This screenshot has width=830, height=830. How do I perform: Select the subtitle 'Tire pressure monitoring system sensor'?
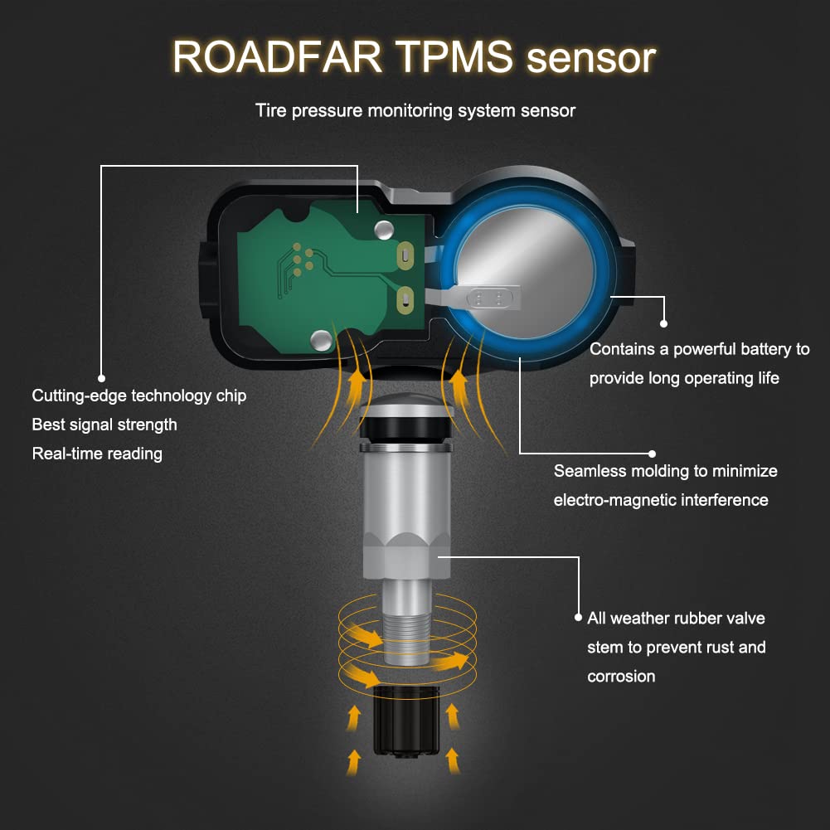tap(415, 110)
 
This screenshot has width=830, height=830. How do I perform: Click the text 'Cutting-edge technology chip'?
tap(138, 396)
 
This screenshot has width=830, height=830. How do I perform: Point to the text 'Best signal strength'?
tap(104, 425)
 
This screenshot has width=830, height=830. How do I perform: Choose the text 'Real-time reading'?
tap(97, 454)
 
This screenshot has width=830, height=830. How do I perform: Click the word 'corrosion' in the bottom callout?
tap(621, 677)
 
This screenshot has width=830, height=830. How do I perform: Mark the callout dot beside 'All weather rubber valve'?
tap(578, 618)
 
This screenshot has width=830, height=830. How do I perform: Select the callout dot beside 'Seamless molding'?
tap(653, 454)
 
